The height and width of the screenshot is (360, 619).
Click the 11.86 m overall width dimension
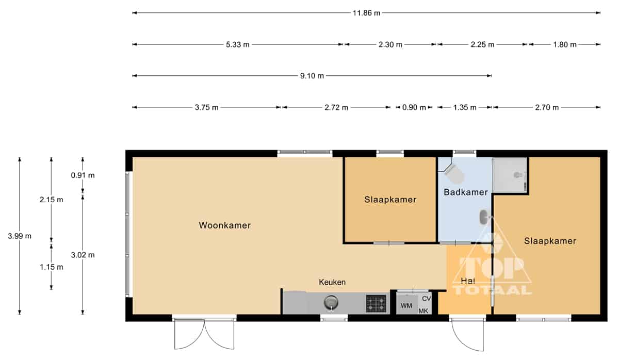click(366, 13)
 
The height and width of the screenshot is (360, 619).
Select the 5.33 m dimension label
click(238, 44)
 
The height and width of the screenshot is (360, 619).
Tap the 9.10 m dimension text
click(312, 76)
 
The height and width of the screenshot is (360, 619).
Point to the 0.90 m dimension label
click(414, 107)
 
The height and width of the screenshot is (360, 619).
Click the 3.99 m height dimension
click(20, 236)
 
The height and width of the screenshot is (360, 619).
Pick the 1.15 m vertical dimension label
click(52, 267)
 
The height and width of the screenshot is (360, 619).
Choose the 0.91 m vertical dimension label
click(83, 175)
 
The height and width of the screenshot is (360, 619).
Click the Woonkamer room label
click(225, 225)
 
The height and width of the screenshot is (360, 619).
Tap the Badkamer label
click(466, 192)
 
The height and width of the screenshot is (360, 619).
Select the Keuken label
click(332, 282)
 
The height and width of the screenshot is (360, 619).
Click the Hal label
click(468, 281)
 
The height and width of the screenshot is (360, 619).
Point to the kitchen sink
click(331, 303)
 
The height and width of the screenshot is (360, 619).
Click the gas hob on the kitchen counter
click(376, 304)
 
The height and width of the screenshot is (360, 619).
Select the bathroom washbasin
click(484, 217)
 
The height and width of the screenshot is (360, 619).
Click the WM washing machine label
click(406, 305)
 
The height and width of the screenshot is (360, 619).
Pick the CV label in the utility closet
click(427, 299)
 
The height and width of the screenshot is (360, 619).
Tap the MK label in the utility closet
click(423, 311)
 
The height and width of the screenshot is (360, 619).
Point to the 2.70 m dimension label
click(547, 107)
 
